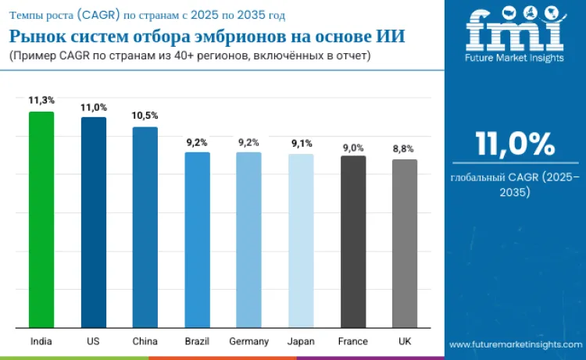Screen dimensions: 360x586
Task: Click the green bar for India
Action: click(41, 219)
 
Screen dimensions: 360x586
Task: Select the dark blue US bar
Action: click(93, 222)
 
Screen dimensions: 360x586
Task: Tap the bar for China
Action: click(145, 226)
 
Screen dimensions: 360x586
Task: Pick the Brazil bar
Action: click(197, 239)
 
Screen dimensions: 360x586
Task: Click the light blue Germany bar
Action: click(248, 239)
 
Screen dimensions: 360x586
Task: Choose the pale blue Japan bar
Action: click(301, 240)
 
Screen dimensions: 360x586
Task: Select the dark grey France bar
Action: click(353, 241)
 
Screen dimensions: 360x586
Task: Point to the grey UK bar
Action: click(405, 243)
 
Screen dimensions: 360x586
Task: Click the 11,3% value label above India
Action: click(41, 101)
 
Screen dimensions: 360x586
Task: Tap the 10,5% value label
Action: click(145, 116)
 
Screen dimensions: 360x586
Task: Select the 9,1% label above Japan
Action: click(301, 143)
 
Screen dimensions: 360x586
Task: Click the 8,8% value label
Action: click(405, 148)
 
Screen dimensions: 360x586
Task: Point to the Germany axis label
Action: click(249, 341)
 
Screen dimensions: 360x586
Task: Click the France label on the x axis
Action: click(353, 341)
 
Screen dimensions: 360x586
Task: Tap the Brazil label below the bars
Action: click(197, 341)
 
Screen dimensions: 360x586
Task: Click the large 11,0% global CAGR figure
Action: click(516, 144)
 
